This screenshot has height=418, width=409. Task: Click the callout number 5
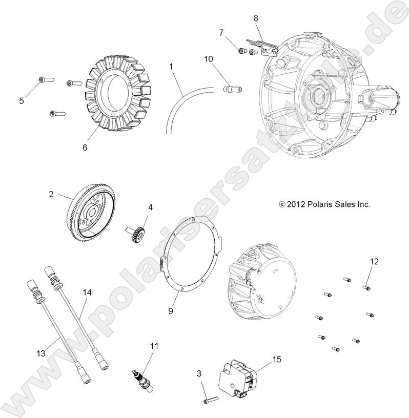tap(22, 101)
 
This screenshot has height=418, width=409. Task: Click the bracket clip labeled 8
tap(262, 46)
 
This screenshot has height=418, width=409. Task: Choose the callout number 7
tap(221, 33)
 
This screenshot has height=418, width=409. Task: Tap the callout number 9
tap(171, 310)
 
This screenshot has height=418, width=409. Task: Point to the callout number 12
tap(374, 261)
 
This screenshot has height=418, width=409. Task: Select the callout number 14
tap(87, 292)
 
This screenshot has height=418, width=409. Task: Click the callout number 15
tap(277, 360)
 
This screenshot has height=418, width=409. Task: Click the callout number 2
tap(51, 194)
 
